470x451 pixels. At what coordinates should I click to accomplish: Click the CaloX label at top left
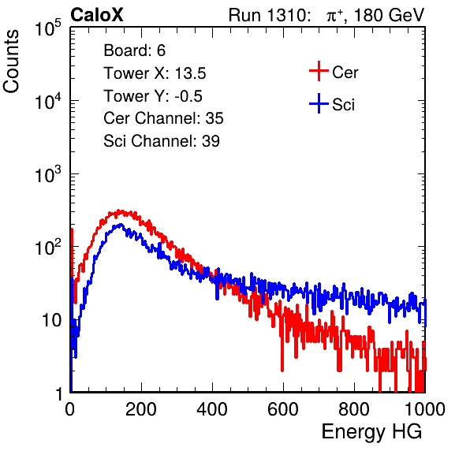point(96,15)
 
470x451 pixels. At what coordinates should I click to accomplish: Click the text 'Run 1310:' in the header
point(269,15)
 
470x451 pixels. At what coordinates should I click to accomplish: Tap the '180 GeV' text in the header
point(389,15)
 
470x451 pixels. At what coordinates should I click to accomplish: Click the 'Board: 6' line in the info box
point(134,50)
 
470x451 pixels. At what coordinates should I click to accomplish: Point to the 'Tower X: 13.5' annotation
point(155,73)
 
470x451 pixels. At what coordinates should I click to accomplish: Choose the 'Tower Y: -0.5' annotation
point(153,96)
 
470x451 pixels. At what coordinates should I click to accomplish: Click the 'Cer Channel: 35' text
point(163,118)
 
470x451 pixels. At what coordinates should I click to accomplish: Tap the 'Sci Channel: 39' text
point(162,141)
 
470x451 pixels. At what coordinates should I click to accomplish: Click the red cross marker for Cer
point(319,71)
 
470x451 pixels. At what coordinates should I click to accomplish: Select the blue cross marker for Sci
point(319,104)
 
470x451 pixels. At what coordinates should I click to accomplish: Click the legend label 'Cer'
point(345,73)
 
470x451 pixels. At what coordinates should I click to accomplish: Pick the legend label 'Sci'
point(343,105)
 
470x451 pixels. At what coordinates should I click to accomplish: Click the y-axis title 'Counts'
point(11,61)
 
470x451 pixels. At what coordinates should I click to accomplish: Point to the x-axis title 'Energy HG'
point(371,431)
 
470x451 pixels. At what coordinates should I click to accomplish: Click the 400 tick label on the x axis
point(212,409)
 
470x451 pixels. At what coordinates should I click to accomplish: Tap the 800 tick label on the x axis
point(354,409)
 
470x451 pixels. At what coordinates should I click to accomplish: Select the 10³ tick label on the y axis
point(49,174)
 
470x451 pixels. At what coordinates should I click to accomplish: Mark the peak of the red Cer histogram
point(119,211)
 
